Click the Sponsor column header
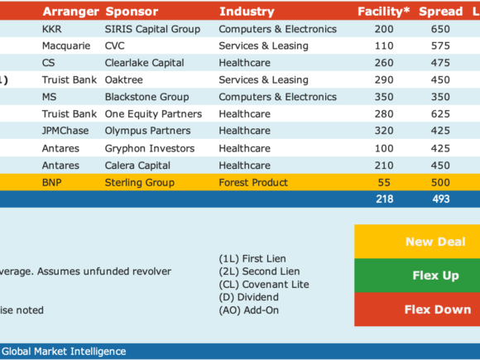click(x=132, y=12)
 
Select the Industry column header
click(x=247, y=12)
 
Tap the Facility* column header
click(x=383, y=12)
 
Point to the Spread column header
click(x=441, y=12)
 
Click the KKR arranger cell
click(x=52, y=29)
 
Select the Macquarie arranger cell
click(x=66, y=46)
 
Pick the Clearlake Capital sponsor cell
click(x=145, y=63)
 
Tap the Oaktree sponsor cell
click(x=123, y=80)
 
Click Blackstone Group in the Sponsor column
click(x=147, y=97)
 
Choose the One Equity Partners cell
click(x=153, y=114)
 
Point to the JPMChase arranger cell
click(x=65, y=131)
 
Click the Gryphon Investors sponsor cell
click(x=150, y=148)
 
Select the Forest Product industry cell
click(x=253, y=182)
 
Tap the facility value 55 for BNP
click(x=384, y=182)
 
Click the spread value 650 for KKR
click(x=440, y=29)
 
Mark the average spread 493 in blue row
click(x=441, y=199)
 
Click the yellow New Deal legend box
click(x=417, y=242)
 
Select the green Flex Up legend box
click(x=417, y=276)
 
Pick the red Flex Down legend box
click(x=417, y=310)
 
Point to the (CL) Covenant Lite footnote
click(x=264, y=285)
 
